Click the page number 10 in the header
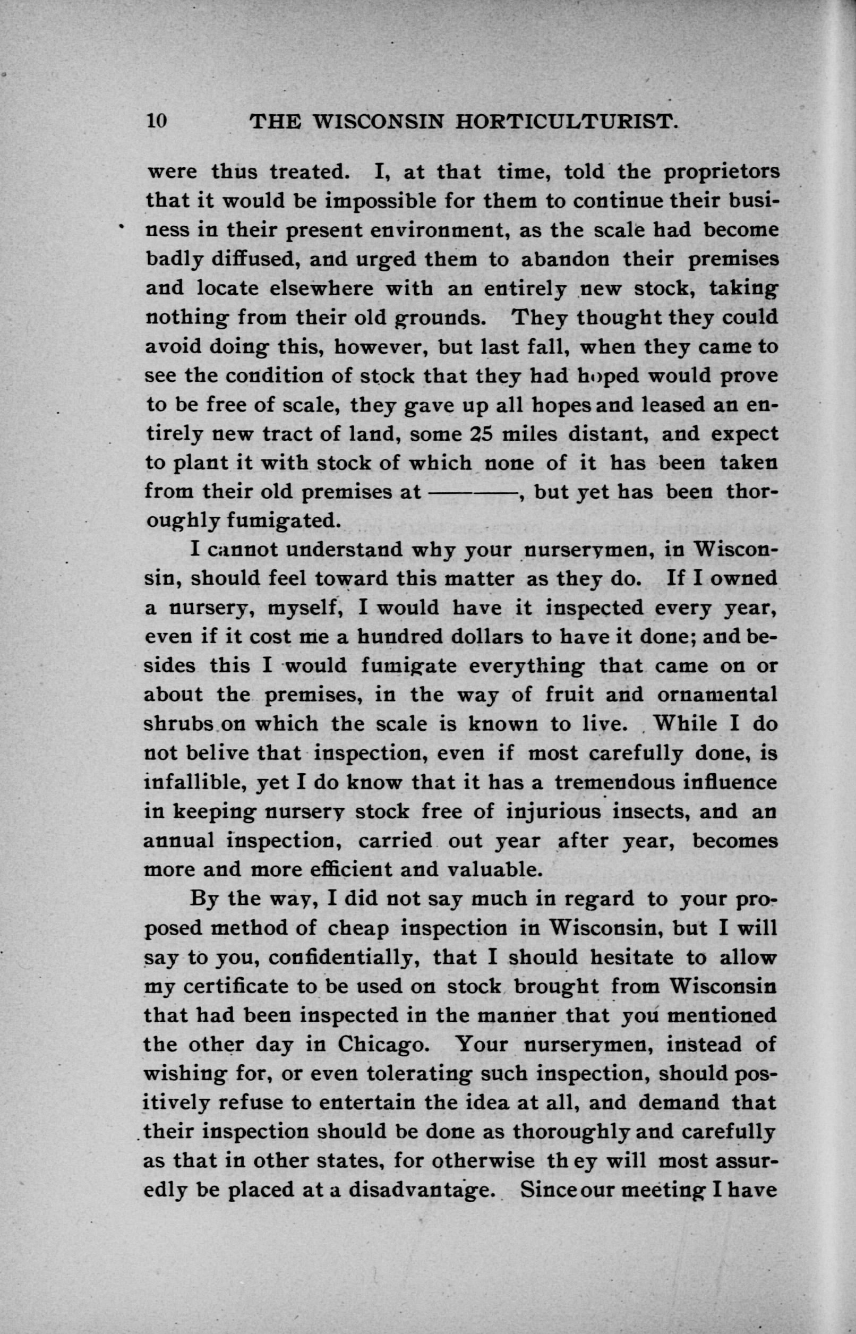pos(156,121)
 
